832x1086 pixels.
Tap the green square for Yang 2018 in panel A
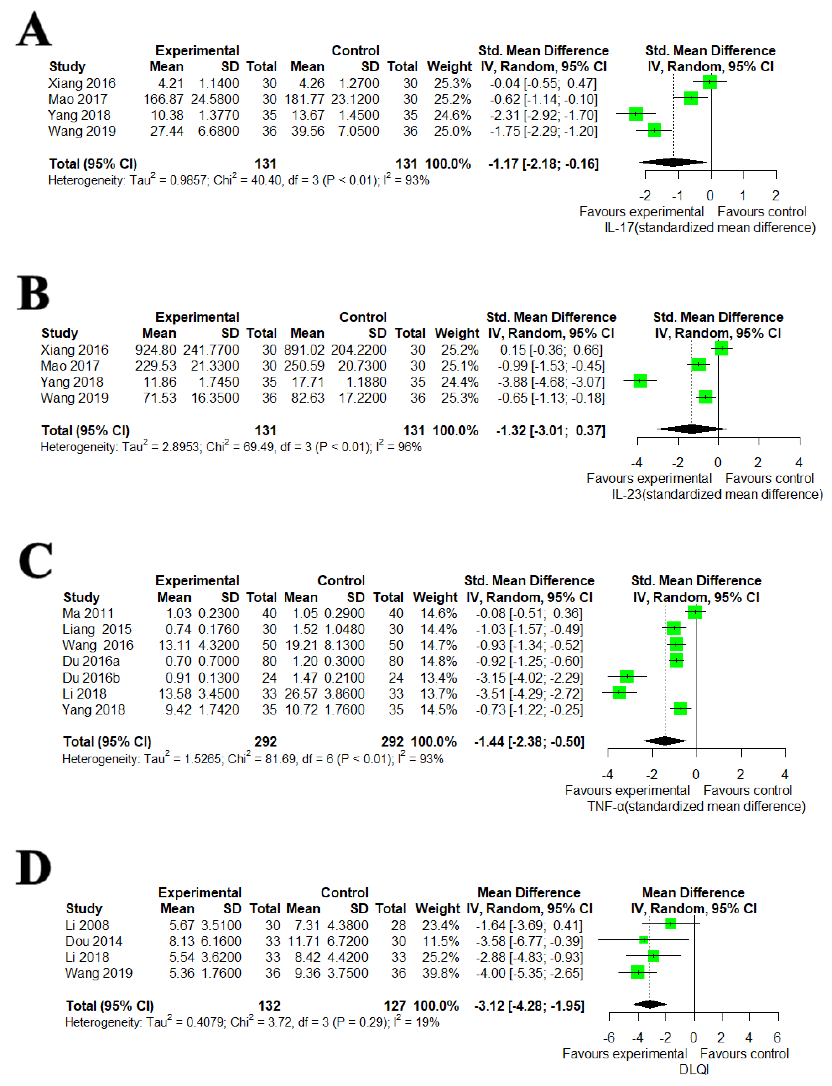coord(636,114)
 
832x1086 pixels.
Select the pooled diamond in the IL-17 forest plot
coord(673,162)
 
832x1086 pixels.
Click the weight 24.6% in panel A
coord(452,115)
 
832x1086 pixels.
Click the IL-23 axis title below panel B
coord(717,494)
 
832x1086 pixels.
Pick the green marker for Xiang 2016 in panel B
coord(722,349)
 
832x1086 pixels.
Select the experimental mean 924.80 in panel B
coord(155,350)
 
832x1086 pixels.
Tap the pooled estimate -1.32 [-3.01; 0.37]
coord(551,431)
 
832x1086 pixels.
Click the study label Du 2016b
coord(91,678)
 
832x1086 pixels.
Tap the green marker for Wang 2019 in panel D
coord(638,972)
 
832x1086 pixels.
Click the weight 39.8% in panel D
coord(440,973)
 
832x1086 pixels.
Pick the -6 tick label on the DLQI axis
coord(609,1038)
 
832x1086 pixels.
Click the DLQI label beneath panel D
coord(694,1070)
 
